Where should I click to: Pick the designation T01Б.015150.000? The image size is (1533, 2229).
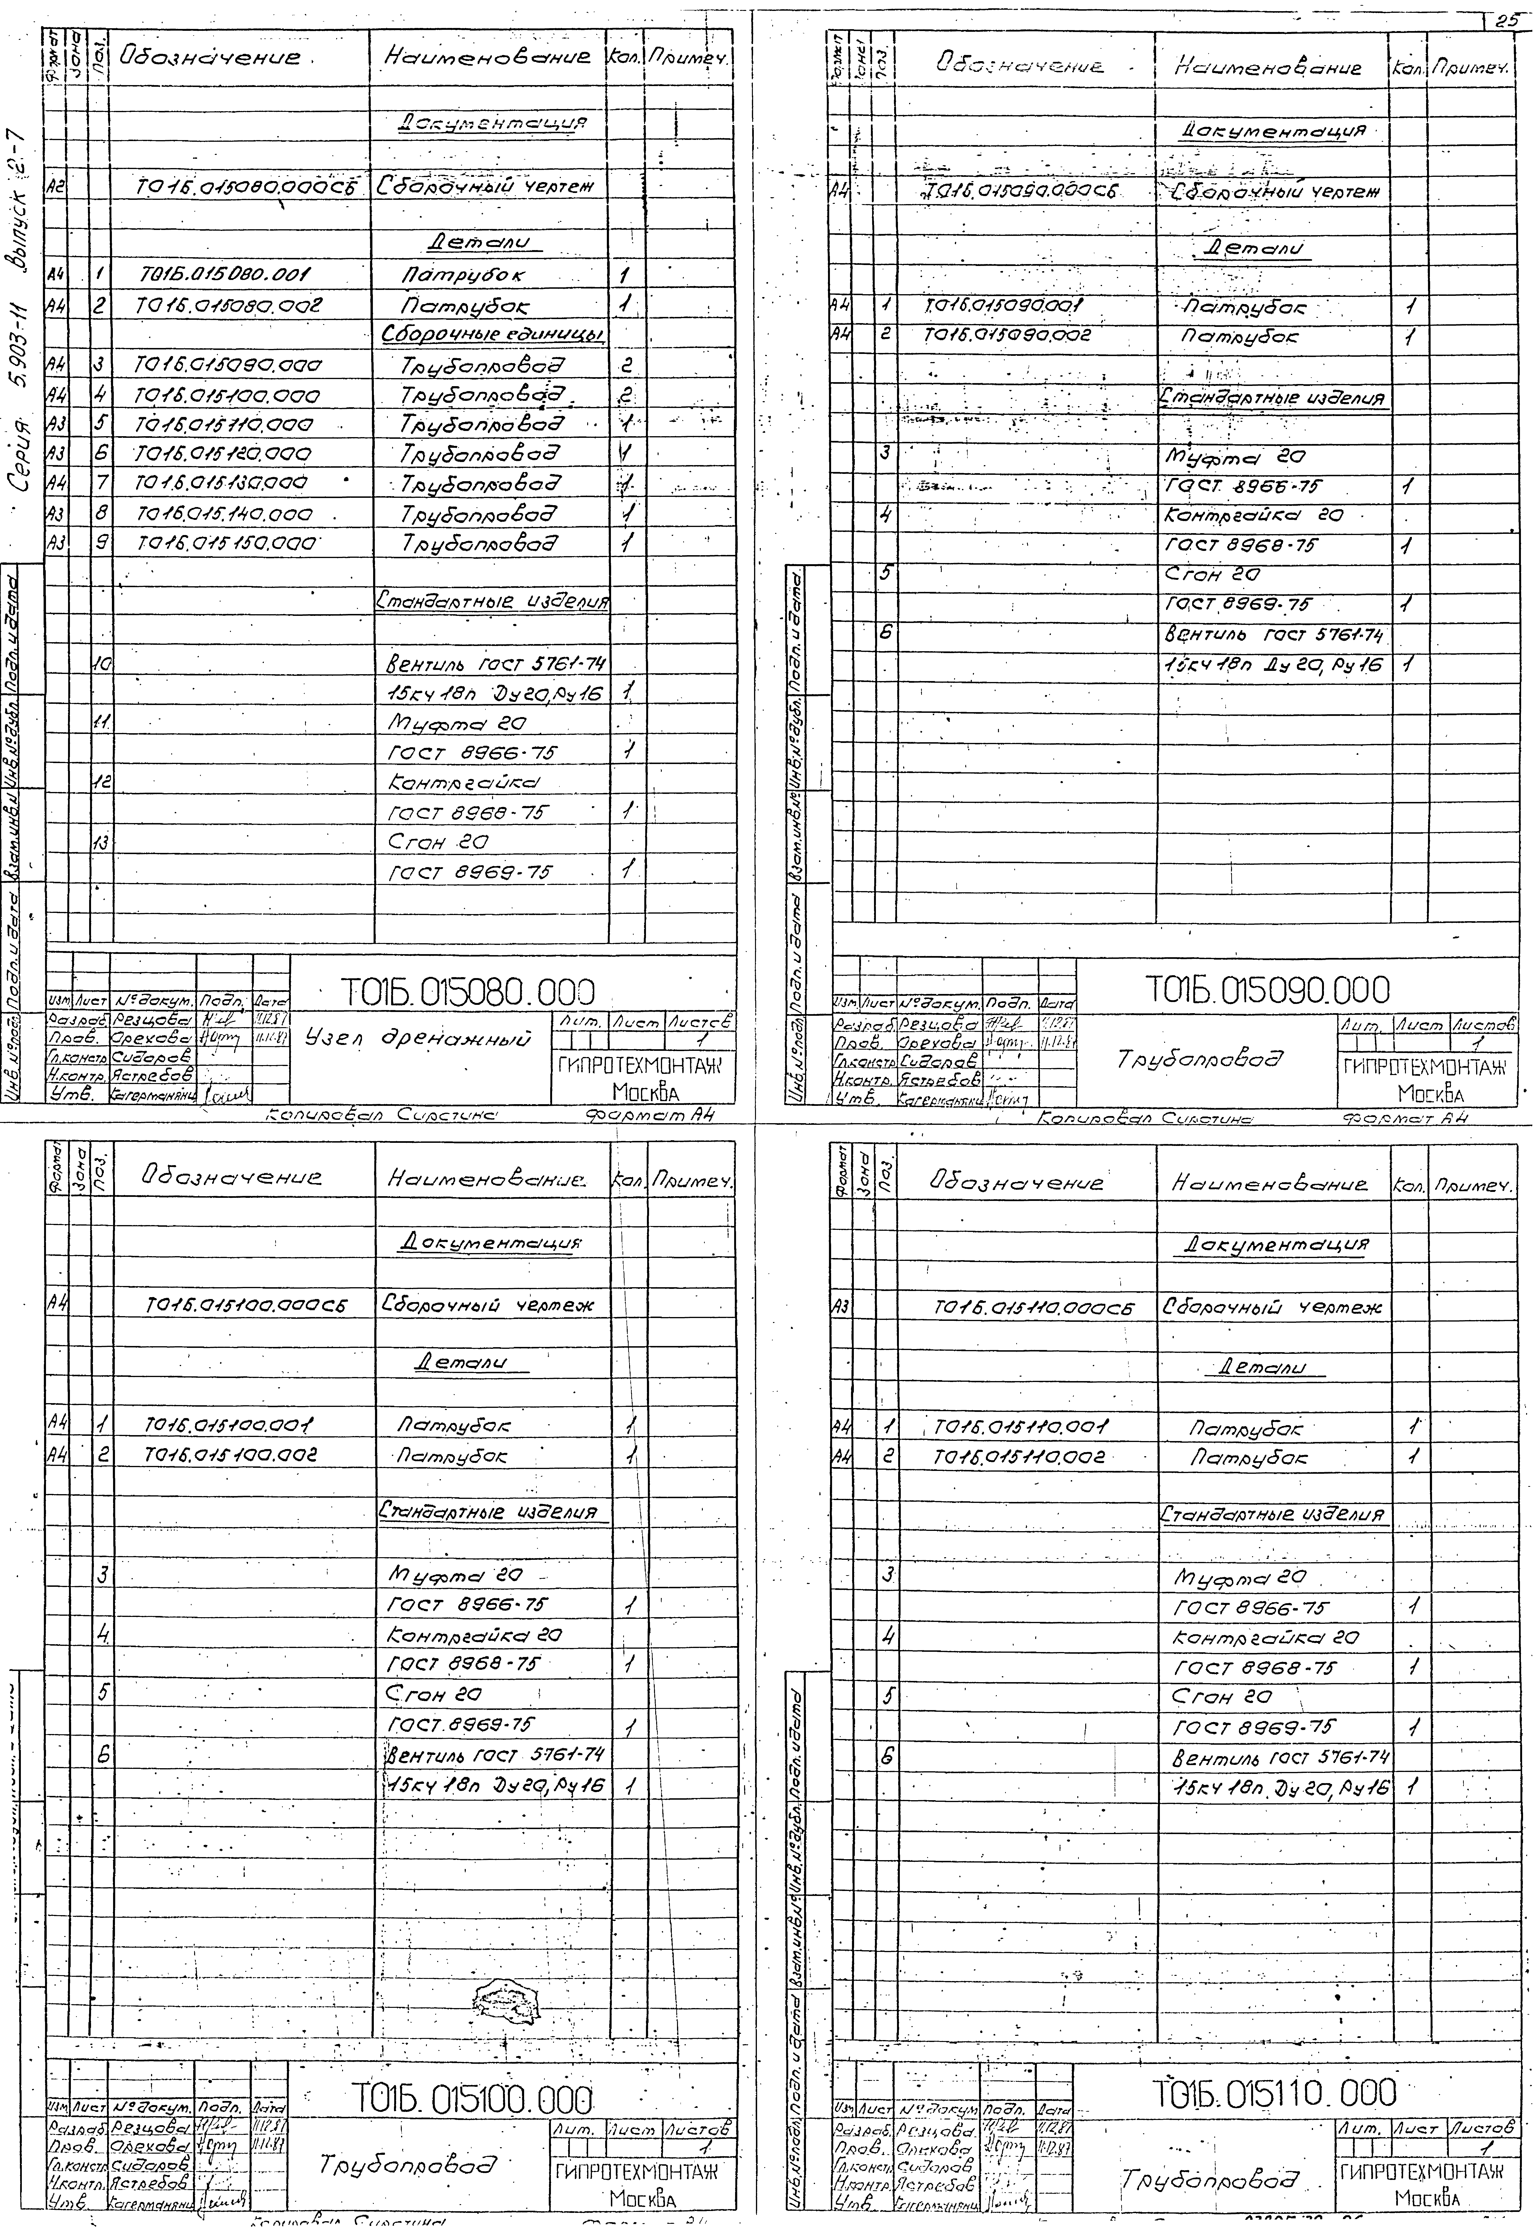pos(227,544)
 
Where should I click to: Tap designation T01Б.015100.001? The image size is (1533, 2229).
pos(230,1425)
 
